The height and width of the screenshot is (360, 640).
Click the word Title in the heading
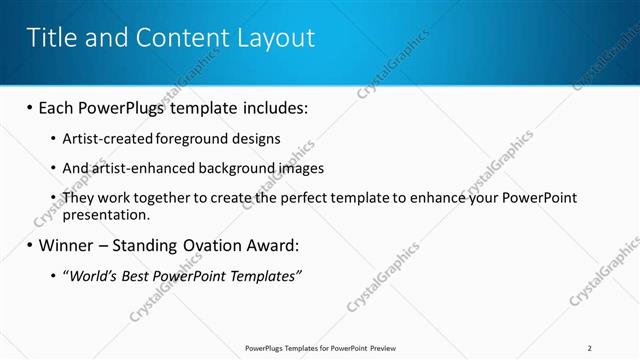click(52, 38)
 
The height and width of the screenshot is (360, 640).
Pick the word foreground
click(193, 138)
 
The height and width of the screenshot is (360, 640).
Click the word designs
click(256, 138)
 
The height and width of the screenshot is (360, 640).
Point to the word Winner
click(69, 245)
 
